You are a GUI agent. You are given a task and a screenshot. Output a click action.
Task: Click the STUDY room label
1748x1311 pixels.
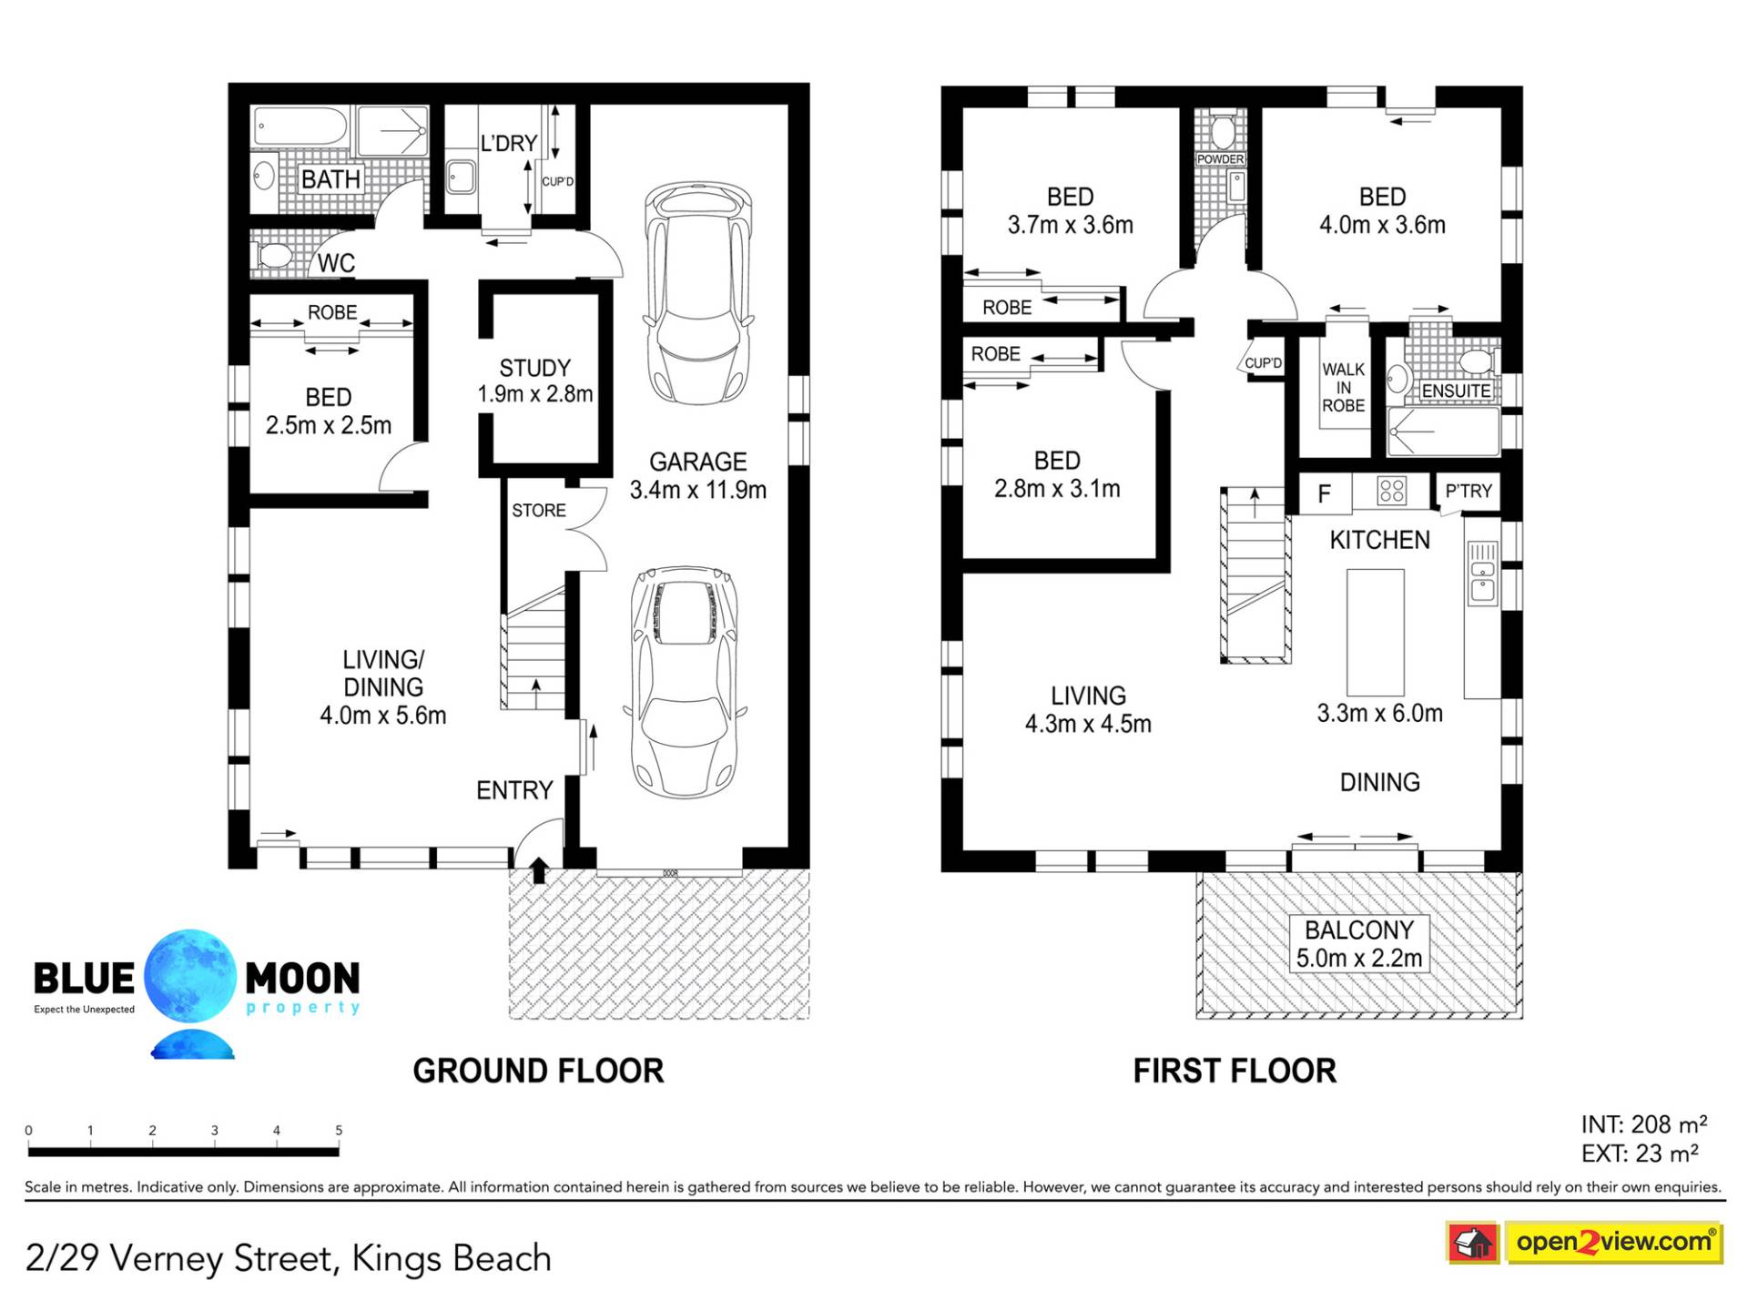(534, 368)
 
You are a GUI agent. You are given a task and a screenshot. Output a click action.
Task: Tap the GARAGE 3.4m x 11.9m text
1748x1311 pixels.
(698, 475)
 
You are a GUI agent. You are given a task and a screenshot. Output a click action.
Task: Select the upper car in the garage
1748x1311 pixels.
(698, 293)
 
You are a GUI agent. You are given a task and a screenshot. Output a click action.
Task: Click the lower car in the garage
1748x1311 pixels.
(685, 683)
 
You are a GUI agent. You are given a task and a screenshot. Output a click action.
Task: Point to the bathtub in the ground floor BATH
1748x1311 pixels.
(300, 127)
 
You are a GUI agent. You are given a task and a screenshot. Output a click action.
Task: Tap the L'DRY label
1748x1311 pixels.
(509, 143)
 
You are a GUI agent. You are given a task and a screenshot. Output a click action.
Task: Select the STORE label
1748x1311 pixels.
(539, 511)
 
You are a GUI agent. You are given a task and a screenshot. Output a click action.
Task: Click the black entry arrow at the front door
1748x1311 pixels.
(539, 869)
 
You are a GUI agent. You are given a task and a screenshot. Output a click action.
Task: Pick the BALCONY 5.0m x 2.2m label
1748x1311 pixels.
(1359, 944)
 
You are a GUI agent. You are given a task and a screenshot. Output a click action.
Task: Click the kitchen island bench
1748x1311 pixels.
(1376, 633)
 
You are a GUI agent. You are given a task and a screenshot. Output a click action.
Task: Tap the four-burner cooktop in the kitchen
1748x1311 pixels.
(1392, 491)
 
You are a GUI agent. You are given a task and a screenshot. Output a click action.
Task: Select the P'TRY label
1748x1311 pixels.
(1469, 492)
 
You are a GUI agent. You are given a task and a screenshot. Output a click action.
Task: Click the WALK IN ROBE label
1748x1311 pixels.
(1344, 387)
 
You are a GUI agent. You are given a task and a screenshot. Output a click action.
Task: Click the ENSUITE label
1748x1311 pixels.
(1456, 391)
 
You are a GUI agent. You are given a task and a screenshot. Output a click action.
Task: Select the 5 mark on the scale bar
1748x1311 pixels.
(339, 1131)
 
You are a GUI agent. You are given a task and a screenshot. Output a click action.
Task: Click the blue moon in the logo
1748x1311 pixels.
(190, 975)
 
